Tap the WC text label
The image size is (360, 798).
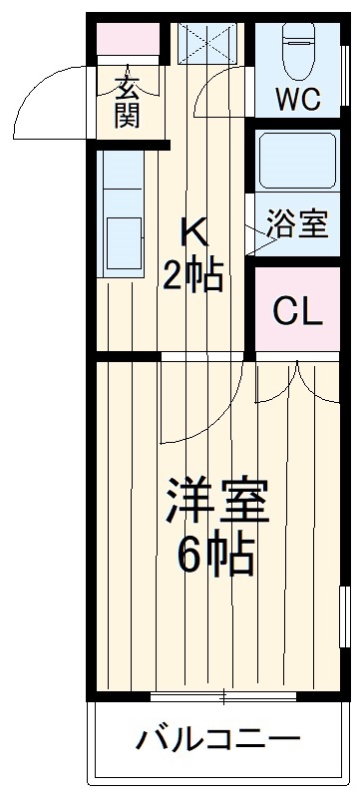297,100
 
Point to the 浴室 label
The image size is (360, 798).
296,224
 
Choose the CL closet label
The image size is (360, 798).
298,312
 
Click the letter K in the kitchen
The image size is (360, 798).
193,231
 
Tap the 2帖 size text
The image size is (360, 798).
193,275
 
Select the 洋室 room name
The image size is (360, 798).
216,501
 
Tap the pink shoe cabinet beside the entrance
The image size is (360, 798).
130,41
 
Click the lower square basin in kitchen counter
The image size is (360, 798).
124,235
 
